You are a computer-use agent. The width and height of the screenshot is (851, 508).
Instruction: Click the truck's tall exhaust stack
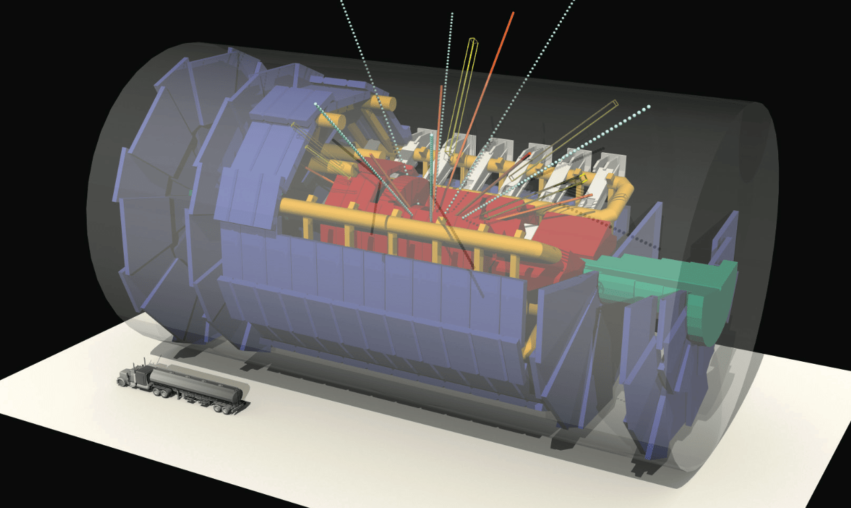tap(139, 365)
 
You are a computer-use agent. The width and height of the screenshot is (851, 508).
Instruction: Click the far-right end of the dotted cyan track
tap(649, 106)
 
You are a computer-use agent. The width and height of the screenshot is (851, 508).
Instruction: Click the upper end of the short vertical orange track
tap(441, 87)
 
